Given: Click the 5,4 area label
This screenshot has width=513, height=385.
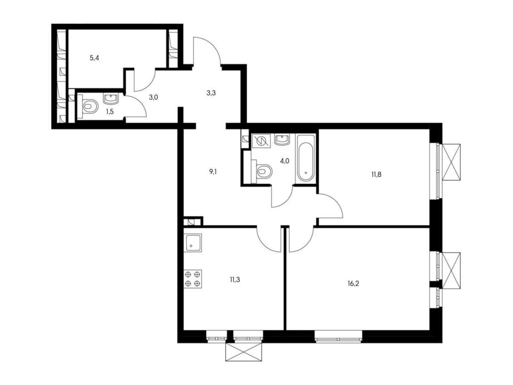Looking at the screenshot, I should click(94, 58).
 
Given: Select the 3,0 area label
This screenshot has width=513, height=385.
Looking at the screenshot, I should click(153, 98).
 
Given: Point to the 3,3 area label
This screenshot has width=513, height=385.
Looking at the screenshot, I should click(211, 93).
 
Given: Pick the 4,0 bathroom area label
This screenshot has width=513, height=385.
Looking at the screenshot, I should click(285, 161).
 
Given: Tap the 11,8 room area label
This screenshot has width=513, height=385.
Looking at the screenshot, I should click(376, 175).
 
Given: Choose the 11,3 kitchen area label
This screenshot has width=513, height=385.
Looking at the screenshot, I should click(235, 280).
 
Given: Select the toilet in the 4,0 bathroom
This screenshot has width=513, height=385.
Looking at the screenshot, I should click(264, 171).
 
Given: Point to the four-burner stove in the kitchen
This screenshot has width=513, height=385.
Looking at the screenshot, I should click(193, 278).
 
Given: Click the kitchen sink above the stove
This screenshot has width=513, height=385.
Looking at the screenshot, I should click(193, 243).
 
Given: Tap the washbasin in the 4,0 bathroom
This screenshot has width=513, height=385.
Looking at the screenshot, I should click(282, 139).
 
